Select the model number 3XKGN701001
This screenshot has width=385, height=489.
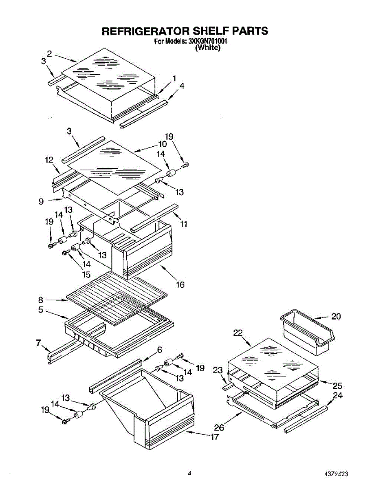[207, 42]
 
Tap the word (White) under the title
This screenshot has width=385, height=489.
[208, 48]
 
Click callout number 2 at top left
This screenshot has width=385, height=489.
[49, 53]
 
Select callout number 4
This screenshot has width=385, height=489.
[182, 86]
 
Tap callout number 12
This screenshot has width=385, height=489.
[49, 161]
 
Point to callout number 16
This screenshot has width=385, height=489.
[180, 284]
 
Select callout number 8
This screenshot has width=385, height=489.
[41, 300]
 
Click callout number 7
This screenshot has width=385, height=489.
[39, 344]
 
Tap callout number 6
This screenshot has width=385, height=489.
[160, 350]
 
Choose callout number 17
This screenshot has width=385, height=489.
[215, 437]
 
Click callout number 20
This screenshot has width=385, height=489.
[336, 316]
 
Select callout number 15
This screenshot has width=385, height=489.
[87, 275]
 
